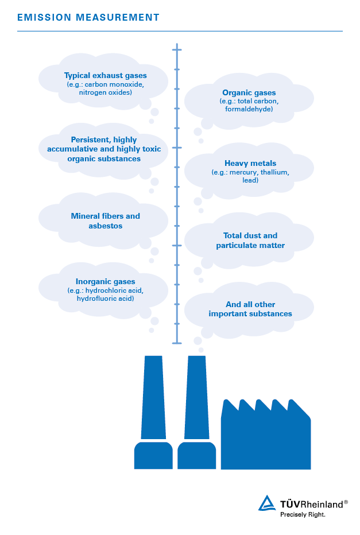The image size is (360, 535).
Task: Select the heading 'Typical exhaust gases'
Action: click(x=106, y=75)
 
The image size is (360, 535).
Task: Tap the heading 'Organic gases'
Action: click(x=249, y=92)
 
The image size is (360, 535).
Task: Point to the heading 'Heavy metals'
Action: click(x=250, y=164)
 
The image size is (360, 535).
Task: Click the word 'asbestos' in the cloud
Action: click(x=106, y=226)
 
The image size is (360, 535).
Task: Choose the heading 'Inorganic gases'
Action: click(x=106, y=281)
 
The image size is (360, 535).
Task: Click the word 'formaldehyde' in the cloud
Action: click(x=249, y=109)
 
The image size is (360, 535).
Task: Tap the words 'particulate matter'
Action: click(x=250, y=245)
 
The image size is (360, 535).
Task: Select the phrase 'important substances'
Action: click(x=250, y=313)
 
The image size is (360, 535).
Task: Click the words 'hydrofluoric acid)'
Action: click(x=106, y=298)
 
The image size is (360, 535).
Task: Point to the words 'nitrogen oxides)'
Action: click(x=106, y=92)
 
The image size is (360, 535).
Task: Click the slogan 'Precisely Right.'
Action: click(x=303, y=514)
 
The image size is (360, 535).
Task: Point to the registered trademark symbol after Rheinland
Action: click(x=346, y=502)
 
